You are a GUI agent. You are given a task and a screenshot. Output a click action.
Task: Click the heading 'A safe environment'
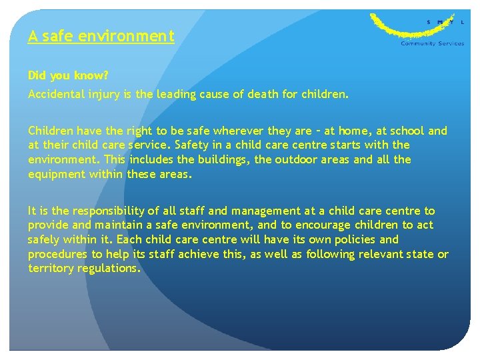[101, 36]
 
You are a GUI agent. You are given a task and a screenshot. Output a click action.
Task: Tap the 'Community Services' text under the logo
[432, 44]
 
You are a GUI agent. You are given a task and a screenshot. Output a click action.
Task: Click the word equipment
[55, 174]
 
